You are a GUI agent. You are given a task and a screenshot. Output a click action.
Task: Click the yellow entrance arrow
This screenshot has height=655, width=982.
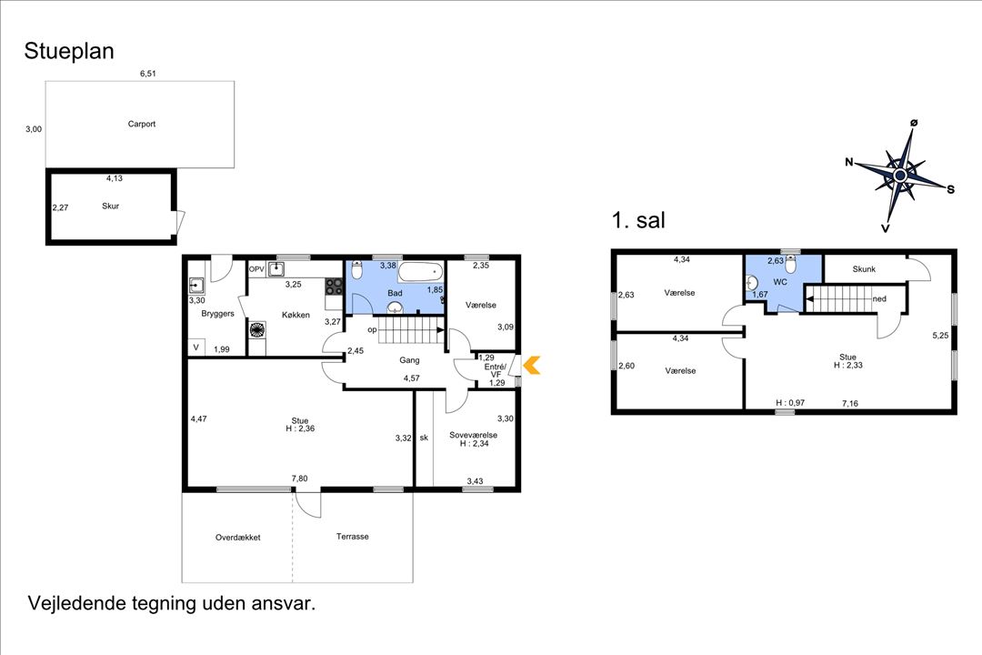click(x=531, y=366)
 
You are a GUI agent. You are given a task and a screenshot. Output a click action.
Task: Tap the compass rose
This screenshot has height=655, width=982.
click(x=899, y=174)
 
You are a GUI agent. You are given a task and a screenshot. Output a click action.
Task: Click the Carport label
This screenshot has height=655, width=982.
click(x=142, y=124)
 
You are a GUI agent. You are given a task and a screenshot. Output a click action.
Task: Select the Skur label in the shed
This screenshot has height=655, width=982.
click(x=111, y=206)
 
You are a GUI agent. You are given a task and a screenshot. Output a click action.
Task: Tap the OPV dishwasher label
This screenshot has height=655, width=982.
click(x=256, y=269)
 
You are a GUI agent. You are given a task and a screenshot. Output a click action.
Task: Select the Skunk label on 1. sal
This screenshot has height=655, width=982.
click(x=863, y=269)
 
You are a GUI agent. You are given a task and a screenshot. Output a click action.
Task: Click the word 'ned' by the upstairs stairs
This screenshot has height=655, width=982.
click(x=879, y=297)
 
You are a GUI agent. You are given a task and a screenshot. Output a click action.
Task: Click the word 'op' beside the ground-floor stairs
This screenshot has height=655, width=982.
click(x=372, y=329)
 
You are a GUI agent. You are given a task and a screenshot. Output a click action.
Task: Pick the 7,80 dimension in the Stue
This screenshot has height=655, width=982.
click(x=299, y=479)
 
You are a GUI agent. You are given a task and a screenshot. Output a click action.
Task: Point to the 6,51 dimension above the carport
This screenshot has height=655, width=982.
click(x=148, y=75)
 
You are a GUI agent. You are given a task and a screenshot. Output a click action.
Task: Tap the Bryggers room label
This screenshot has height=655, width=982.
click(x=218, y=314)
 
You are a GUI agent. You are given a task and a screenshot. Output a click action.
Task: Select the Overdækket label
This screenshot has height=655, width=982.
click(x=238, y=537)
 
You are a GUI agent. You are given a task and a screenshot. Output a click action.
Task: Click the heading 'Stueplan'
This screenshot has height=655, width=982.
click(x=69, y=52)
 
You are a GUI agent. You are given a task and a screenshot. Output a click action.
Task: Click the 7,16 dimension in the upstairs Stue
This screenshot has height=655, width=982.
click(x=849, y=402)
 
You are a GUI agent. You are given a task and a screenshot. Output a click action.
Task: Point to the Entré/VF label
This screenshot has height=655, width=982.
click(x=496, y=369)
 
